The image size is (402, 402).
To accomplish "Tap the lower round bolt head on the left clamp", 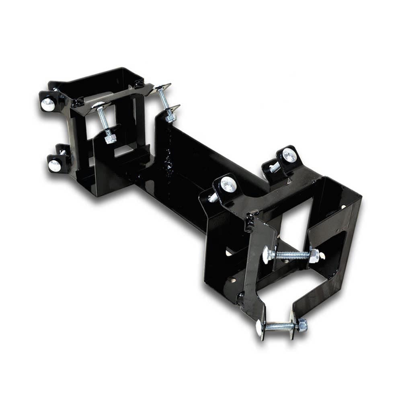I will click(54, 164).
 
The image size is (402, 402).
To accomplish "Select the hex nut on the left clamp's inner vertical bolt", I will click(110, 139).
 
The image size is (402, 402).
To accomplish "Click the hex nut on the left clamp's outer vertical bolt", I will click(170, 118).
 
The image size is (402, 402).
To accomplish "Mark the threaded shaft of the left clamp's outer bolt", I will click(165, 100).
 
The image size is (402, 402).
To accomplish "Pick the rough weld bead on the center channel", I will click(168, 163).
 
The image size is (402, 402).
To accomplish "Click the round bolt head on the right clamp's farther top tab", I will click(289, 155).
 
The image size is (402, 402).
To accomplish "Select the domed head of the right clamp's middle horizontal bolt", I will click(267, 254).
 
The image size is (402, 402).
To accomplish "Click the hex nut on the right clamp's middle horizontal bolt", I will click(314, 255).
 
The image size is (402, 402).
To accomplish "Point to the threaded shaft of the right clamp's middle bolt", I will click(291, 255).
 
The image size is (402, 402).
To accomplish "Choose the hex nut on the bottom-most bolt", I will click(302, 325).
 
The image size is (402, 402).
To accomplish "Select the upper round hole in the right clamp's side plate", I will click(230, 252).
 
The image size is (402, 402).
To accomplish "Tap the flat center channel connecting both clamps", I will click(189, 189).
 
